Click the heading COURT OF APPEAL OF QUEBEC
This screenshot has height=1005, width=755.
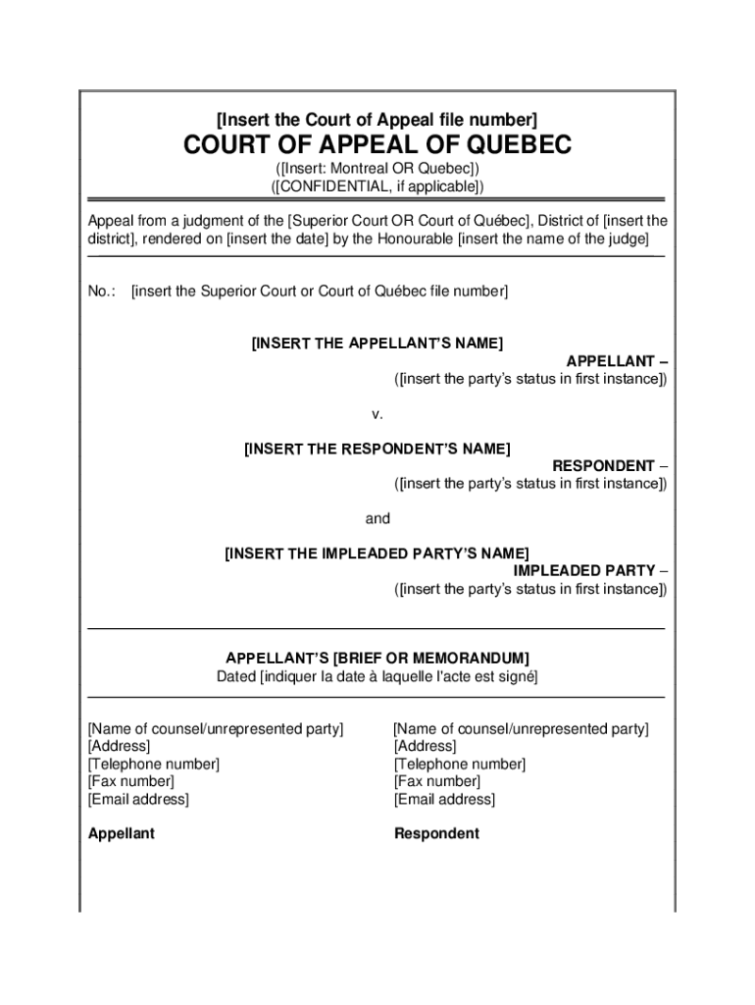tap(377, 145)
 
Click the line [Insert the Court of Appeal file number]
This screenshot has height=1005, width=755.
tap(377, 121)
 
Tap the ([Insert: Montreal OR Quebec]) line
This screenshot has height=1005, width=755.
tap(377, 169)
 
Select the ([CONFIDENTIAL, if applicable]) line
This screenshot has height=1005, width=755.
tap(377, 186)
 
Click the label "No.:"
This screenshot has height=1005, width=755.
tap(102, 291)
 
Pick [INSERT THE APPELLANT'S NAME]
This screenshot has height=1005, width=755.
tap(377, 344)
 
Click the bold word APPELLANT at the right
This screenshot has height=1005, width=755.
tap(610, 361)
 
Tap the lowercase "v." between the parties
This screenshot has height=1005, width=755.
tap(377, 414)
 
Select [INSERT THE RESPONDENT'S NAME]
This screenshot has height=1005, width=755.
tap(377, 449)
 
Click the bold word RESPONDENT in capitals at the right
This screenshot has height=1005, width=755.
tap(603, 466)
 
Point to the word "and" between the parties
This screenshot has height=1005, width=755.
tap(377, 519)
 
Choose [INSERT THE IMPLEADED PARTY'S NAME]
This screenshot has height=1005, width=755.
tap(377, 554)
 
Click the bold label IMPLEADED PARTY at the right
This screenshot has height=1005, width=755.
tap(584, 571)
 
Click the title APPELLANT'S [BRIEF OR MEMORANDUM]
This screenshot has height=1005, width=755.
tap(377, 659)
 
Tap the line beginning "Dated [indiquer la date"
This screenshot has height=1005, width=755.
tap(377, 677)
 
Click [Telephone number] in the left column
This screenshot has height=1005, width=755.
tap(154, 765)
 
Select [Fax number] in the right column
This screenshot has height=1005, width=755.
tap(437, 782)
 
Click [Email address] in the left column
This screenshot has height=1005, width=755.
tap(138, 800)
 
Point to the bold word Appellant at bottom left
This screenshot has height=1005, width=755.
tap(122, 834)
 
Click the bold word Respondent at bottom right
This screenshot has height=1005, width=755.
tap(436, 834)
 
